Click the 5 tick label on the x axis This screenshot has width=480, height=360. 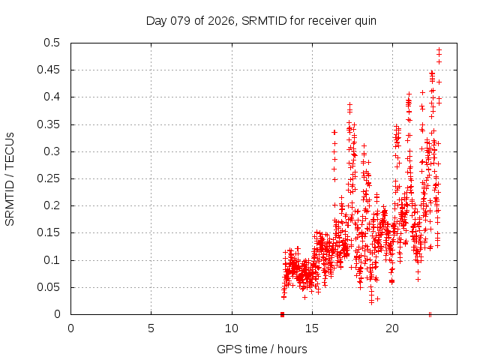click(x=151, y=328)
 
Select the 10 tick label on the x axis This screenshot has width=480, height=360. click(x=232, y=328)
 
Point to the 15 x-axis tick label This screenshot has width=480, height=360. click(x=312, y=328)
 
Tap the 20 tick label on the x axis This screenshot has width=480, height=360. click(x=392, y=328)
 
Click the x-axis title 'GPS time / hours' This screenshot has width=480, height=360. click(x=262, y=349)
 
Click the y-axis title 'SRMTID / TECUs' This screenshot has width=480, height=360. click(x=10, y=178)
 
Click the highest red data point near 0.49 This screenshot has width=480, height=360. click(x=439, y=50)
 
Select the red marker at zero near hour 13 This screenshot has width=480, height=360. click(x=282, y=314)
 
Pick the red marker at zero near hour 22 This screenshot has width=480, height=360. click(x=430, y=314)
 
